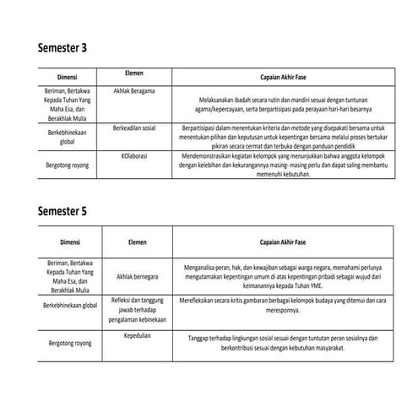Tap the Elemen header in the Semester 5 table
click(137, 242)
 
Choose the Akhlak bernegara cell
click(138, 275)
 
